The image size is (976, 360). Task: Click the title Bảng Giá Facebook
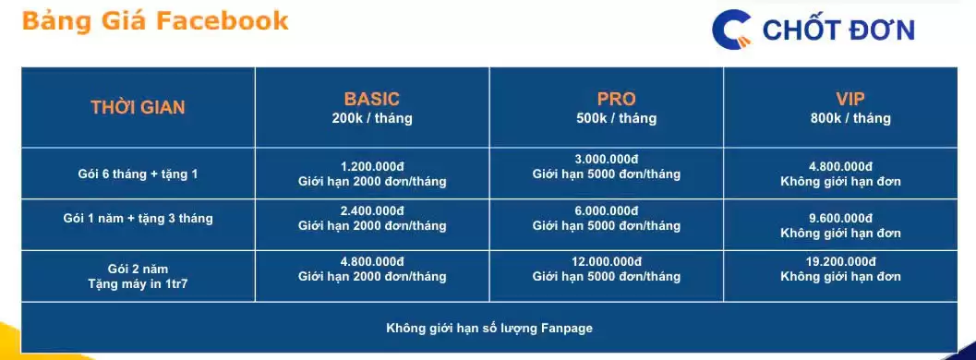(x=155, y=21)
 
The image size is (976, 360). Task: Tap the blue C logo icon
(x=732, y=30)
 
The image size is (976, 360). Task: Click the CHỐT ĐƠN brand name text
(x=838, y=30)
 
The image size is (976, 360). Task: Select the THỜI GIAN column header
(x=138, y=107)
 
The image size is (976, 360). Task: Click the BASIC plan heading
(x=372, y=99)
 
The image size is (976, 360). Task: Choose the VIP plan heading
(x=849, y=99)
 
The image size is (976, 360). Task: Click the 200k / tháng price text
(x=372, y=118)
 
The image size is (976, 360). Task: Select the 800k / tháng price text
(x=849, y=118)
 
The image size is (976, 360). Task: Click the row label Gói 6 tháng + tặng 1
(x=138, y=174)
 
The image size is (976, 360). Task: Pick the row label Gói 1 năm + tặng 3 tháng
(x=138, y=219)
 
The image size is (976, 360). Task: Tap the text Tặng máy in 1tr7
(x=138, y=284)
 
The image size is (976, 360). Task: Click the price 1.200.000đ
(x=372, y=165)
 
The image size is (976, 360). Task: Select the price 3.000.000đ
(x=607, y=158)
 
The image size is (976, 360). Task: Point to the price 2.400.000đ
(x=372, y=210)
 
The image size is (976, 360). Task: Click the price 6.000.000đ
(x=607, y=210)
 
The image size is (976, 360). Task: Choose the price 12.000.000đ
(x=607, y=261)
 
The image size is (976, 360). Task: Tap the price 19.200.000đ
(x=840, y=261)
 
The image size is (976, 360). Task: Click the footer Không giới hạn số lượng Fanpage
(x=488, y=328)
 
